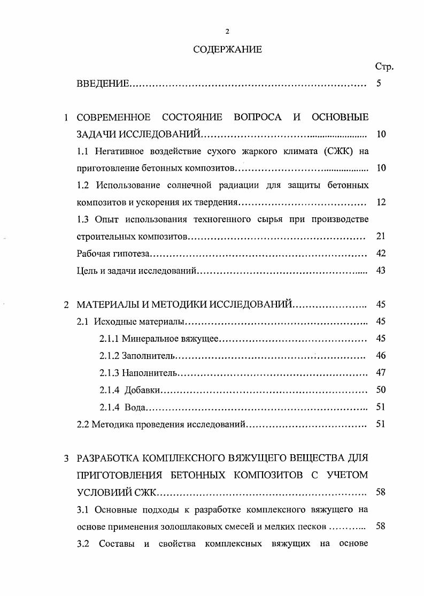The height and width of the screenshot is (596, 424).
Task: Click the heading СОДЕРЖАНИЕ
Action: point(227,50)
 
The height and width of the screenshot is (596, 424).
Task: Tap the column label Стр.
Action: point(384,67)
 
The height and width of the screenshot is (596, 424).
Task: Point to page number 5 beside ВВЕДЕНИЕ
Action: point(379,84)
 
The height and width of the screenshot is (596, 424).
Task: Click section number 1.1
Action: point(84,151)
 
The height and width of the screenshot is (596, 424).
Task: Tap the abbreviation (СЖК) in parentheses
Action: point(340,151)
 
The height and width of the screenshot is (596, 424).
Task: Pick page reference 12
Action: point(381,202)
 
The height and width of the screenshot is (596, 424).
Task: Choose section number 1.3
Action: point(84,219)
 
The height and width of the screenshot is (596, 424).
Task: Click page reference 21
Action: point(381,236)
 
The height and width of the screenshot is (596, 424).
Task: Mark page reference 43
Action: point(381,271)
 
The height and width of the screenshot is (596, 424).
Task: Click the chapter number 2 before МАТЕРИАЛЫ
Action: point(66,305)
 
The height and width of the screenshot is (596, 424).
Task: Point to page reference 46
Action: point(381,356)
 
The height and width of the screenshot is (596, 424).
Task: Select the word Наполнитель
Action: point(149,373)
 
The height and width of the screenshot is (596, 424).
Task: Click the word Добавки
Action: point(142,390)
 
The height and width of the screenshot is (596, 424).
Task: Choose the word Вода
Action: point(135,407)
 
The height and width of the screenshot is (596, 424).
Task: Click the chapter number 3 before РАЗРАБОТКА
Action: point(66,459)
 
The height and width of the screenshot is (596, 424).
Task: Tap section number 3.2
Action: point(84,544)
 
